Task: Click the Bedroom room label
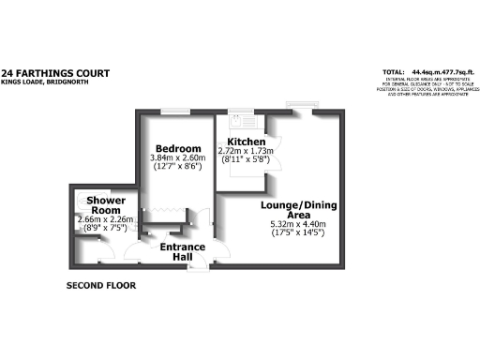pyautogui.click(x=178, y=149)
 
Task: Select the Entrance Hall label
pyautogui.click(x=182, y=253)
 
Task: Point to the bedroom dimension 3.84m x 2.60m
pyautogui.click(x=178, y=158)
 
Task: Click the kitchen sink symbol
pyautogui.click(x=238, y=120)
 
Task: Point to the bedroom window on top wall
pyautogui.click(x=171, y=113)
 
